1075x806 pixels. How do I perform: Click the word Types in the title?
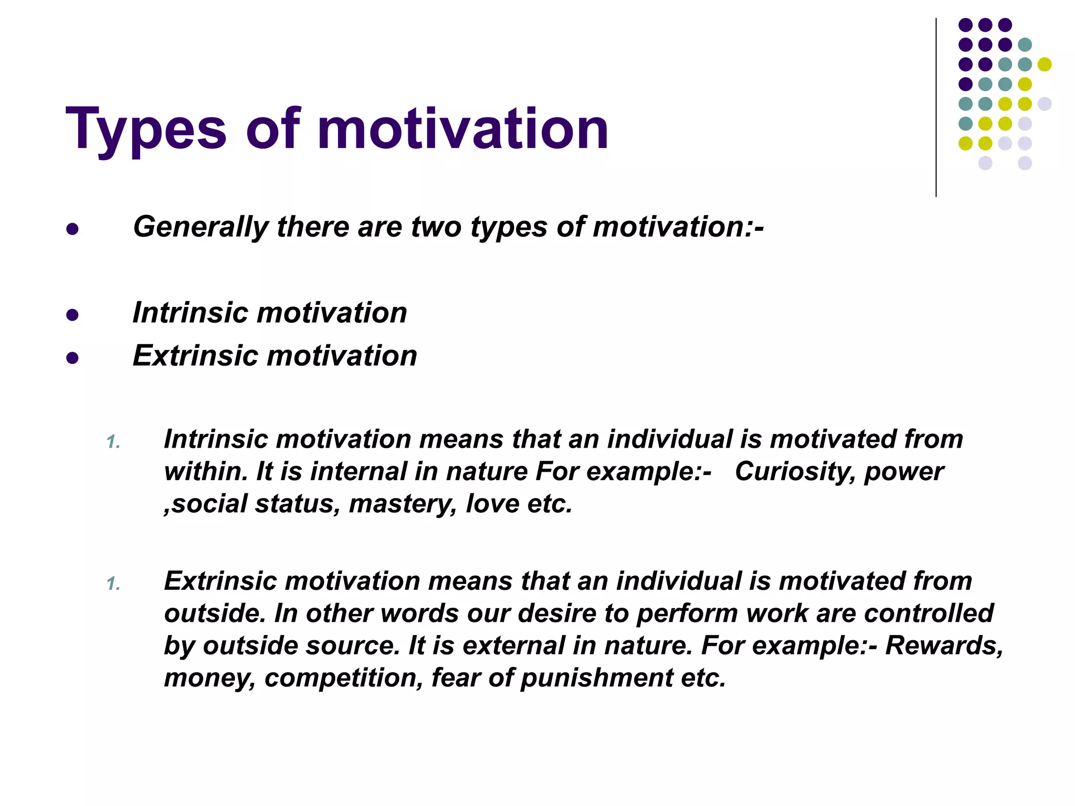(x=146, y=129)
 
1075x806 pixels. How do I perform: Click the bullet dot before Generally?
(x=72, y=229)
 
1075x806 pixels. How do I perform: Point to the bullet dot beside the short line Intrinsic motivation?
(x=72, y=315)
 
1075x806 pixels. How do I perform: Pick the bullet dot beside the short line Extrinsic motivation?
(x=72, y=358)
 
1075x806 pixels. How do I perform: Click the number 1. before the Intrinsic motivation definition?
(x=113, y=442)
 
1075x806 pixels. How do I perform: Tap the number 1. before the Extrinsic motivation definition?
(x=113, y=584)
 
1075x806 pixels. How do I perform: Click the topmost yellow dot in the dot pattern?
(x=1045, y=64)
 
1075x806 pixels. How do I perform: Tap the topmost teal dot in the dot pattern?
(x=1025, y=45)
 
